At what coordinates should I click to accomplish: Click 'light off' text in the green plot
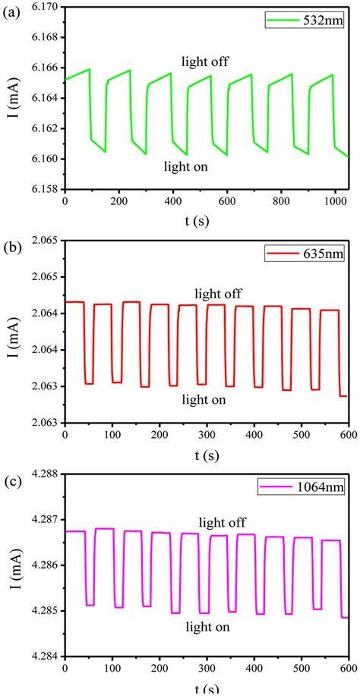click(204, 61)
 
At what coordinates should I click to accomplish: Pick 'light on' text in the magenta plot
click(207, 627)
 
